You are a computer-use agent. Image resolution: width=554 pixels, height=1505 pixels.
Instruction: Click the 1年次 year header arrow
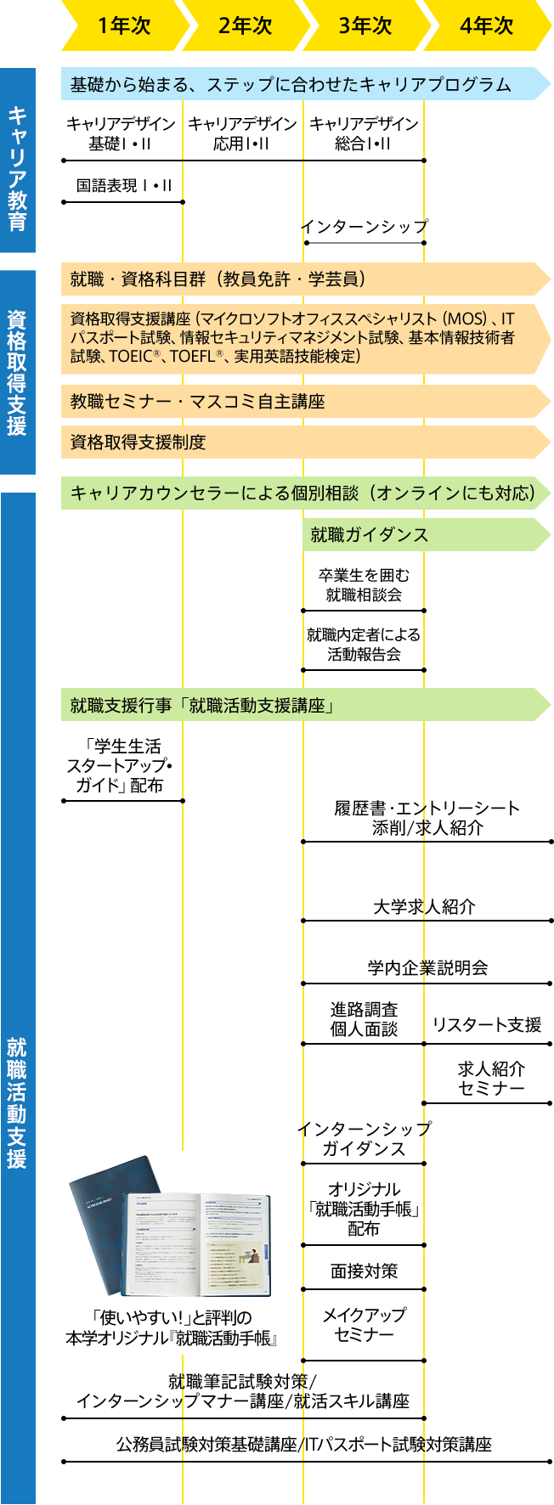coord(123,26)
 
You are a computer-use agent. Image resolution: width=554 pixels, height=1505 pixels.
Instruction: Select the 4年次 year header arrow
coord(487,26)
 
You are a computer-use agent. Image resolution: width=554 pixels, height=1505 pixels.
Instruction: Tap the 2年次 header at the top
coord(245,26)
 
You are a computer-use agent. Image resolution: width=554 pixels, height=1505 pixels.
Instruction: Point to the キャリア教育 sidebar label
coord(18,161)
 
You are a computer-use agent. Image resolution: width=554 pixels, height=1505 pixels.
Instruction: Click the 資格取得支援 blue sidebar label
coord(18,372)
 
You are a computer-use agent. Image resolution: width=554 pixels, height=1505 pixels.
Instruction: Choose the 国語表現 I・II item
coord(123,186)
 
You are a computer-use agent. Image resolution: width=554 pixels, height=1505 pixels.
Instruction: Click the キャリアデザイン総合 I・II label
coord(364,134)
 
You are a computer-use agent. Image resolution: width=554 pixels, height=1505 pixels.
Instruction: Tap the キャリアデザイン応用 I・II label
coord(242,134)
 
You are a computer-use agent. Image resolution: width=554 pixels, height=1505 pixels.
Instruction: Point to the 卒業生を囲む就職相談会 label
coord(364,585)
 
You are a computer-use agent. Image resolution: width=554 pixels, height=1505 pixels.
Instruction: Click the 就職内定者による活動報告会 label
coord(364,645)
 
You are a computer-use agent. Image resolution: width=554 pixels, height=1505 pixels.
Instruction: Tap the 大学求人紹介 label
coord(424,907)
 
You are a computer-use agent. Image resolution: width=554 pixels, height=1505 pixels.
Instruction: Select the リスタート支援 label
coord(487,1025)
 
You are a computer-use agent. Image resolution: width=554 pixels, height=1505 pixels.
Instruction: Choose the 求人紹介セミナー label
coord(491,1079)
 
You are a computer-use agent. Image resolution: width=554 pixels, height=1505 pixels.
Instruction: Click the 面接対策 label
coord(364,1271)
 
